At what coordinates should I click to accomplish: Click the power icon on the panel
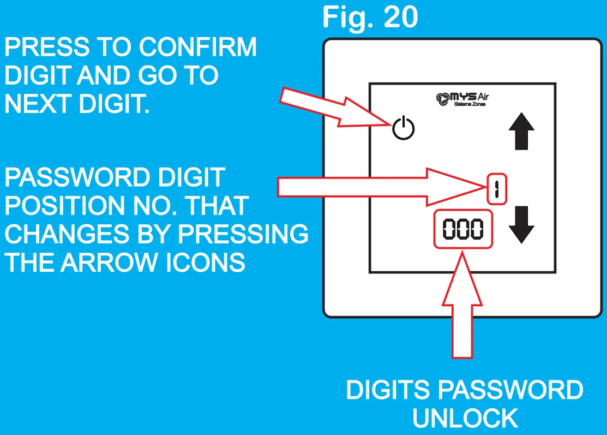(404, 129)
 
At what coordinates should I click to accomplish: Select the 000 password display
(462, 230)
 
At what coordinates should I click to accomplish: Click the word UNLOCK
(465, 419)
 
